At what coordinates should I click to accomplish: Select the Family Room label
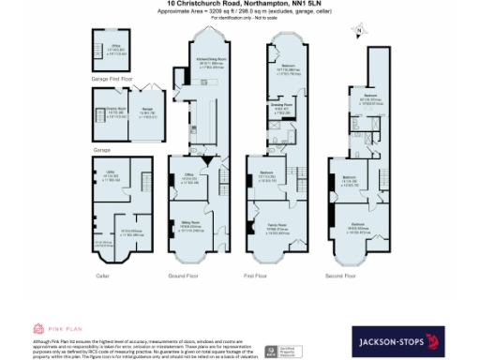click(276, 227)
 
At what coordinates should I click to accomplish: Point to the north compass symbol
click(358, 32)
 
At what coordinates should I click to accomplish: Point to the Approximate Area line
click(239, 11)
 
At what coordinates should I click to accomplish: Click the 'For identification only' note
click(239, 18)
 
